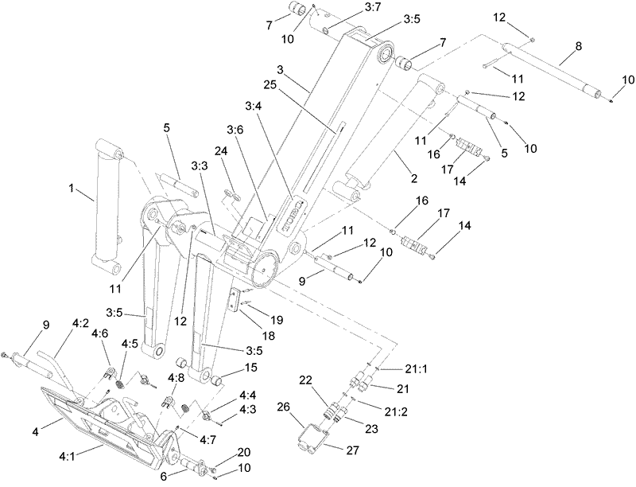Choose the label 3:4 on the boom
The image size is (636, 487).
tap(255, 106)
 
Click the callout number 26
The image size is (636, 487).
tap(284, 408)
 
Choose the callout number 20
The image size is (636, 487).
tap(222, 451)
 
